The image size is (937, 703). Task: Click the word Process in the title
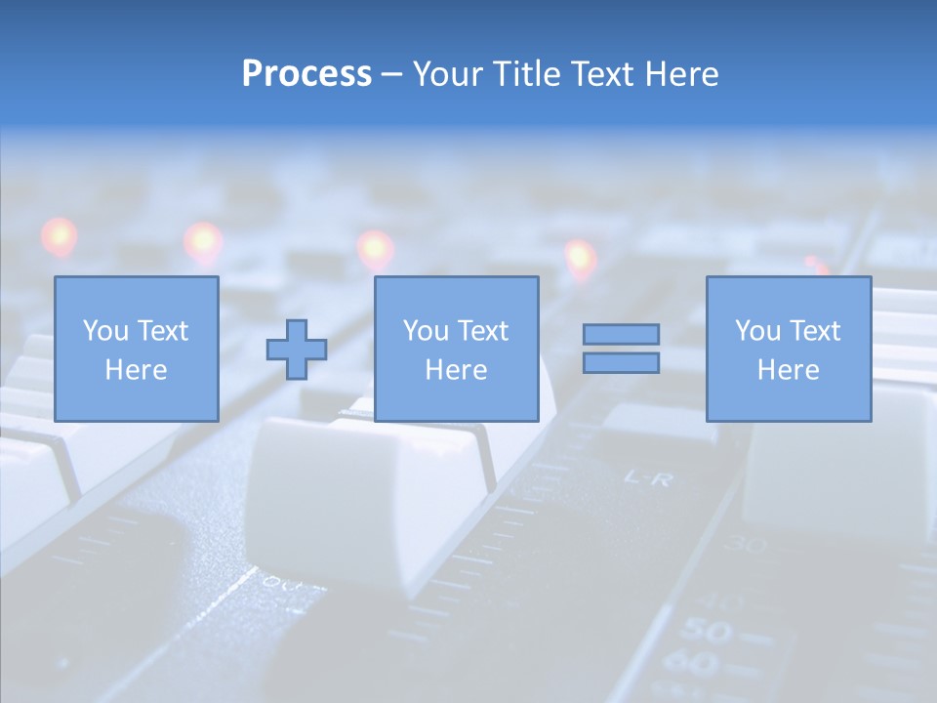coord(306,74)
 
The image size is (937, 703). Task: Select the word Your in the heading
coord(447,74)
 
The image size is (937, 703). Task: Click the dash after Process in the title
coord(391,75)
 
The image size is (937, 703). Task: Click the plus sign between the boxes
coord(297,349)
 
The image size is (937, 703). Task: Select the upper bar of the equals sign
coord(621,334)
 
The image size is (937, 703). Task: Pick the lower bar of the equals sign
coord(621,362)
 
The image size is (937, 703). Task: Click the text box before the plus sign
coord(136,349)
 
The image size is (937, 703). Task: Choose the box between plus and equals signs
coord(456,349)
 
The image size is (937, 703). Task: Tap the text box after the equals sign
coord(788,349)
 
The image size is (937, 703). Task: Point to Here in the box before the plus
coord(136,370)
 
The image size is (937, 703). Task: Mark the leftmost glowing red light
coord(59,236)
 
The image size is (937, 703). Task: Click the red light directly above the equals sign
coord(580,258)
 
